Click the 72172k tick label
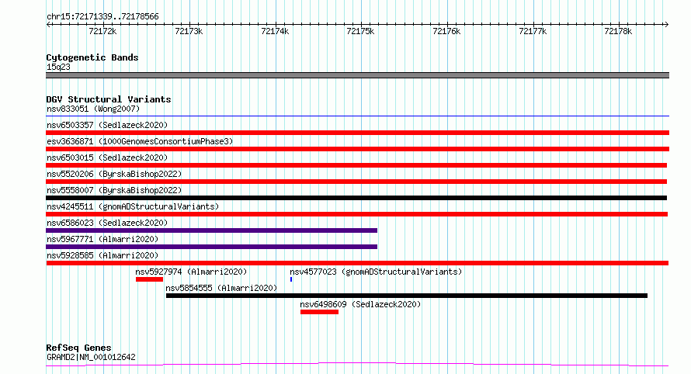point(102,31)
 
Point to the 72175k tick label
point(360,31)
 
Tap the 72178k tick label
point(618,31)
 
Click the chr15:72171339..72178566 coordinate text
point(102,16)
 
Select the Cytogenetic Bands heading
point(92,57)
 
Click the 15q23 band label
point(58,67)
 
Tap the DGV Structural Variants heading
point(109,99)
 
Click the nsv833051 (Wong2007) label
point(93,109)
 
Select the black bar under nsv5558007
point(356,198)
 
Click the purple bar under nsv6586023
point(211,230)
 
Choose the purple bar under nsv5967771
point(211,247)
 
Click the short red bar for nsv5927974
point(149,279)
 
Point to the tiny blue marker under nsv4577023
point(291,279)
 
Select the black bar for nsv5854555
point(407,296)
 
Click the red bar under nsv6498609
point(320,312)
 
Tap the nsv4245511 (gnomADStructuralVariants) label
point(133,206)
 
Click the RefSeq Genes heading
point(78,348)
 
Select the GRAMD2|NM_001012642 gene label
point(91,357)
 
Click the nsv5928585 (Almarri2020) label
point(102,255)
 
